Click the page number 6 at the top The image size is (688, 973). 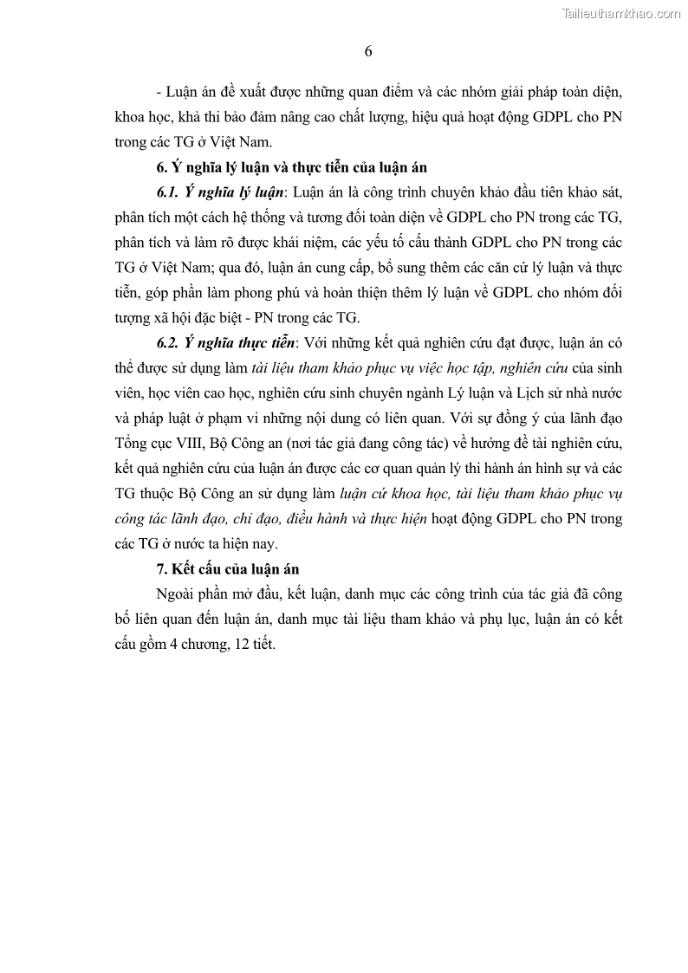click(x=368, y=51)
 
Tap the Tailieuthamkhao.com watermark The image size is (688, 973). click(x=621, y=13)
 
